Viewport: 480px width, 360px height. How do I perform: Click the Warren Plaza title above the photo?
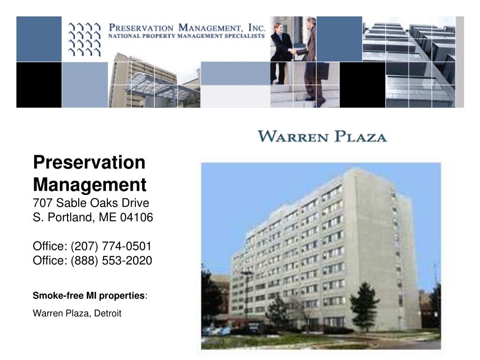coord(322,137)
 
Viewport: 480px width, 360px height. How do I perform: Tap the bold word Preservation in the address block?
coord(89,163)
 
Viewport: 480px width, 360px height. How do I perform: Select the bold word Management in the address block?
coord(90,184)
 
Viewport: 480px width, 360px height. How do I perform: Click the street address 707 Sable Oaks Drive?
coord(91,203)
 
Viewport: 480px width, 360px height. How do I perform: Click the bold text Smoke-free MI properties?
coord(89,296)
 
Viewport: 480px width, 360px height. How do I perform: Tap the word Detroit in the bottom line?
coord(108,314)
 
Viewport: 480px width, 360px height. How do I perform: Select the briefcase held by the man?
coord(317,70)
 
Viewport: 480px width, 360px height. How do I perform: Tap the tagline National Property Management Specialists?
coord(187,36)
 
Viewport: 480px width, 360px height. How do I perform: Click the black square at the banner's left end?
coord(39,85)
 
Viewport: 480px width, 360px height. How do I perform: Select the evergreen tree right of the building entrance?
coord(364,305)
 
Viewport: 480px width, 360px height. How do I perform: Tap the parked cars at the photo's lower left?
coord(216,330)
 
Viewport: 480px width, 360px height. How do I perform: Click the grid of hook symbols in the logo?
coord(84,39)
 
